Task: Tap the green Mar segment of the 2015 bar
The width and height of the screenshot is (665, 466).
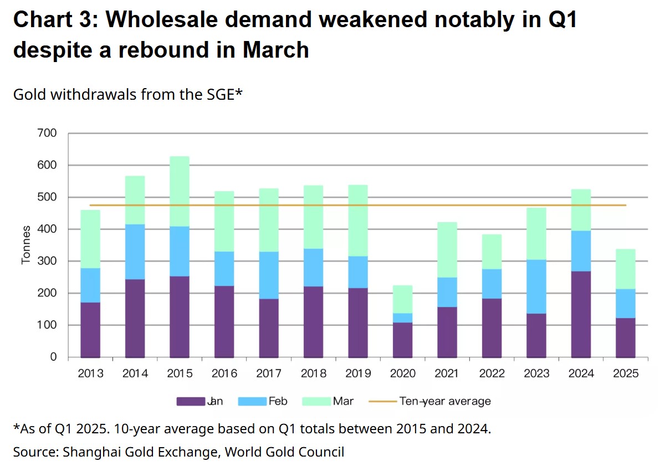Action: (x=180, y=191)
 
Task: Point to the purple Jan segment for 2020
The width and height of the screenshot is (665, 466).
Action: (x=403, y=340)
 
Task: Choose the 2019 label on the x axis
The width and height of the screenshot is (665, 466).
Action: (x=358, y=373)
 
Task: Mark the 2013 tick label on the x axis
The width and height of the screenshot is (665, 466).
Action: (x=90, y=373)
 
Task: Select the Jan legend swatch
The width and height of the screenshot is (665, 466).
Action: (x=191, y=401)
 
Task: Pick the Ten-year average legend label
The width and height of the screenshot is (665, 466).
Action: (x=445, y=401)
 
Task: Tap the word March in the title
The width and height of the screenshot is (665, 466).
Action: (x=275, y=50)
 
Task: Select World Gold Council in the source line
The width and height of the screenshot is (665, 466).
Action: (x=284, y=452)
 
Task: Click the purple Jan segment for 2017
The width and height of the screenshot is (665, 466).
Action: (x=269, y=328)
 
